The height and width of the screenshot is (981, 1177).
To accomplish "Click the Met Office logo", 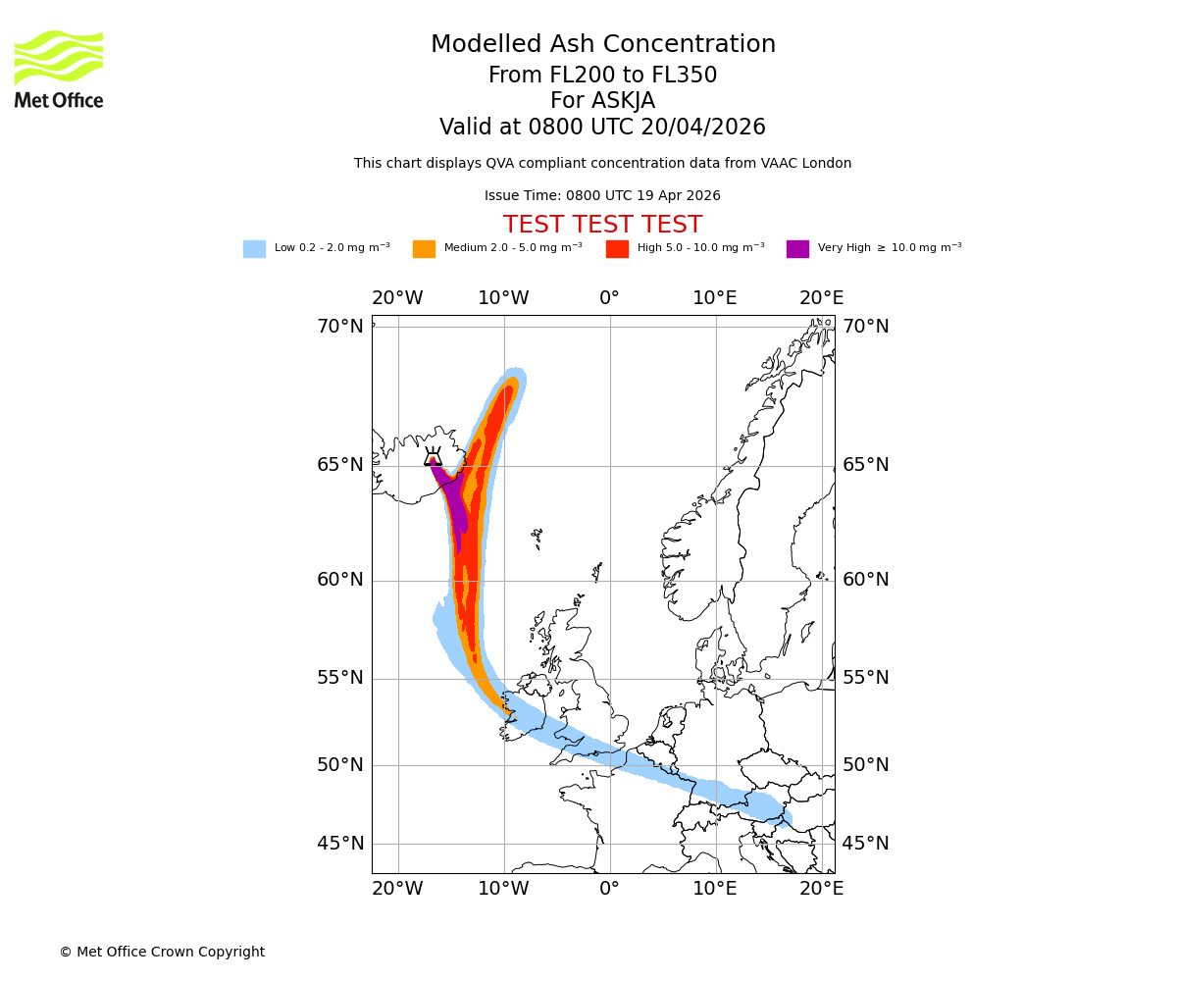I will [x=59, y=69].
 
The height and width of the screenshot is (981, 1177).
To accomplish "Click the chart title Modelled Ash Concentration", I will [x=602, y=45].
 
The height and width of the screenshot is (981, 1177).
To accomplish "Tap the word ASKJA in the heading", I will [x=602, y=101].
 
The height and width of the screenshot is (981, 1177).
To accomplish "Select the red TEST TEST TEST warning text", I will [x=602, y=225].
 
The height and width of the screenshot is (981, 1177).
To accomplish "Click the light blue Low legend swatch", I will [x=254, y=249].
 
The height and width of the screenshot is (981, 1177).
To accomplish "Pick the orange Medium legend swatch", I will [x=424, y=249].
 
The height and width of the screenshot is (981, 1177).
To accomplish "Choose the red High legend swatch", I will [x=617, y=249].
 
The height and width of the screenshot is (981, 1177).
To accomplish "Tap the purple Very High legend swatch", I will [x=797, y=249].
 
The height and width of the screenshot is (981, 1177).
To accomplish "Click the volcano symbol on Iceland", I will [x=433, y=456].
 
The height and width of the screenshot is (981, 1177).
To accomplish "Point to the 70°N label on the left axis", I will [x=339, y=327].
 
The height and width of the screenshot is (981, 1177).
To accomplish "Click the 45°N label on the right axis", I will [x=866, y=844].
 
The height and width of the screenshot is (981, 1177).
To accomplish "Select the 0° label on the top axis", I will [x=609, y=298].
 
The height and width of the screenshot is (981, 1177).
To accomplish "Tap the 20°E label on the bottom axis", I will [x=821, y=889].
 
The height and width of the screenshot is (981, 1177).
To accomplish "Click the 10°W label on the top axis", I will [x=503, y=298].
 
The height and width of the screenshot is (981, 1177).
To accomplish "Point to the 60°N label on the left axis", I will [x=339, y=580].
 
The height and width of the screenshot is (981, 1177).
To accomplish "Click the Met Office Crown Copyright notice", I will [x=162, y=952].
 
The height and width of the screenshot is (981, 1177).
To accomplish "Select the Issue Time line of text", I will [x=602, y=195].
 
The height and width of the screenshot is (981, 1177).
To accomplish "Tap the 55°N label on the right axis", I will [x=866, y=678].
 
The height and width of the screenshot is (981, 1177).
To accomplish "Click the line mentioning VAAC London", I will [x=602, y=164].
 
